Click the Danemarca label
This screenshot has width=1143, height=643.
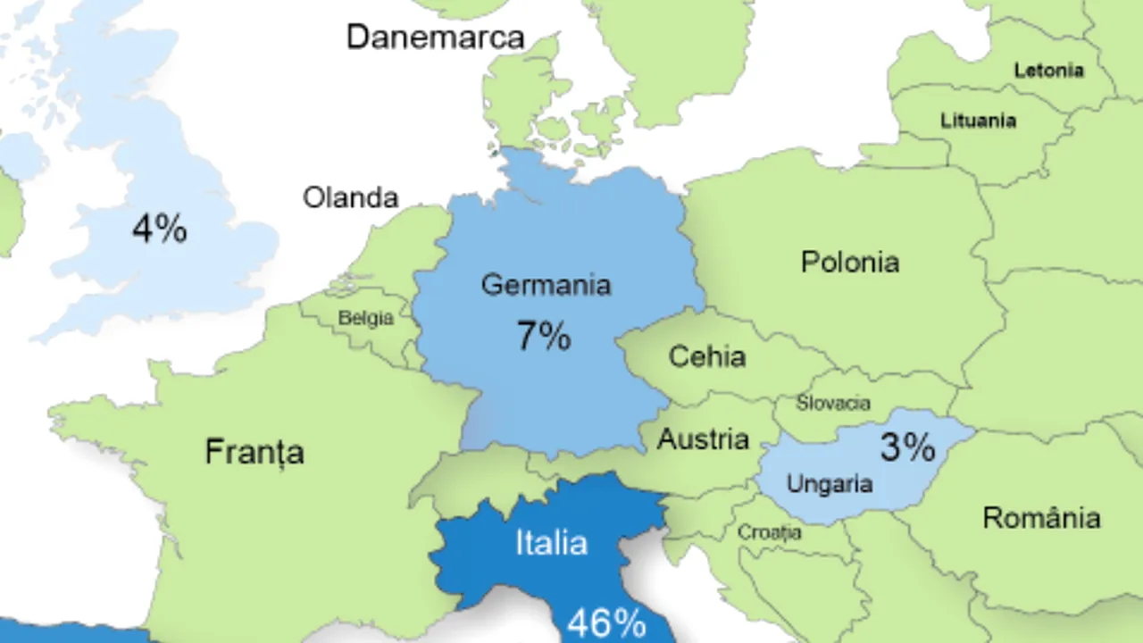[x=435, y=38]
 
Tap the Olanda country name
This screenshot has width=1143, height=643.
[x=351, y=197]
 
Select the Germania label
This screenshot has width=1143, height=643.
[x=546, y=285]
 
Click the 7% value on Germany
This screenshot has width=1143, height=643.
[x=544, y=337]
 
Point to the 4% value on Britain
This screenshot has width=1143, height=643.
[x=160, y=230]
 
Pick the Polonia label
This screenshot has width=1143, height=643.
[x=850, y=263]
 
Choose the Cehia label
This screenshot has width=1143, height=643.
[x=707, y=357]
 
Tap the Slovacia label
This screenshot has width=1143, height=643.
[x=833, y=404]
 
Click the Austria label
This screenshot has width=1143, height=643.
[x=703, y=439]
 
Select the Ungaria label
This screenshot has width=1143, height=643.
[x=829, y=484]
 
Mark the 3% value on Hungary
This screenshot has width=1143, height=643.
[x=907, y=447]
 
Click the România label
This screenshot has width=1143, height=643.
[x=1041, y=518]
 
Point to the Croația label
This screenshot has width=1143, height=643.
[x=769, y=533]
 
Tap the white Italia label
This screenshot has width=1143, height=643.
[x=551, y=544]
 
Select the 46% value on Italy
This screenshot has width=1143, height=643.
[x=606, y=623]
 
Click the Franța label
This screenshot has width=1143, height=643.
[x=254, y=452]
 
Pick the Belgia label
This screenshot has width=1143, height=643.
[x=365, y=319]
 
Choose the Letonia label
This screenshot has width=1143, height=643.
[x=1048, y=71]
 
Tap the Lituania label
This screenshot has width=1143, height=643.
[x=978, y=121]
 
